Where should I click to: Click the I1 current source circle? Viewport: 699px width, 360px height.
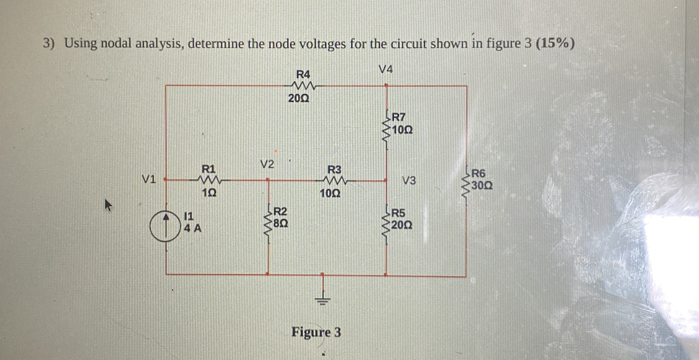point(165,226)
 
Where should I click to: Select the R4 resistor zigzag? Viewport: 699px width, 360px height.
point(303,86)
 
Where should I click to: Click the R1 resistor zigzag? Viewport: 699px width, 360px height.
point(209,180)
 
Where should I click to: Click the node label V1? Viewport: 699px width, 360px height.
point(149,180)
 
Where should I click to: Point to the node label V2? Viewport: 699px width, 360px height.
point(267,165)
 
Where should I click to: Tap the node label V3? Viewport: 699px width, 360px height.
point(409,181)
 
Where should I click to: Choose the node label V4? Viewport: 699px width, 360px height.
point(385,69)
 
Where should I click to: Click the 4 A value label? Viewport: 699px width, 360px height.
point(193,228)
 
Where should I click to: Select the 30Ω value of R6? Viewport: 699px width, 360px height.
point(482,186)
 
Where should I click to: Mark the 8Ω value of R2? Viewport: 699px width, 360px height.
point(280,223)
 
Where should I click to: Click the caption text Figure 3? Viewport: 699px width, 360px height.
point(316,332)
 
